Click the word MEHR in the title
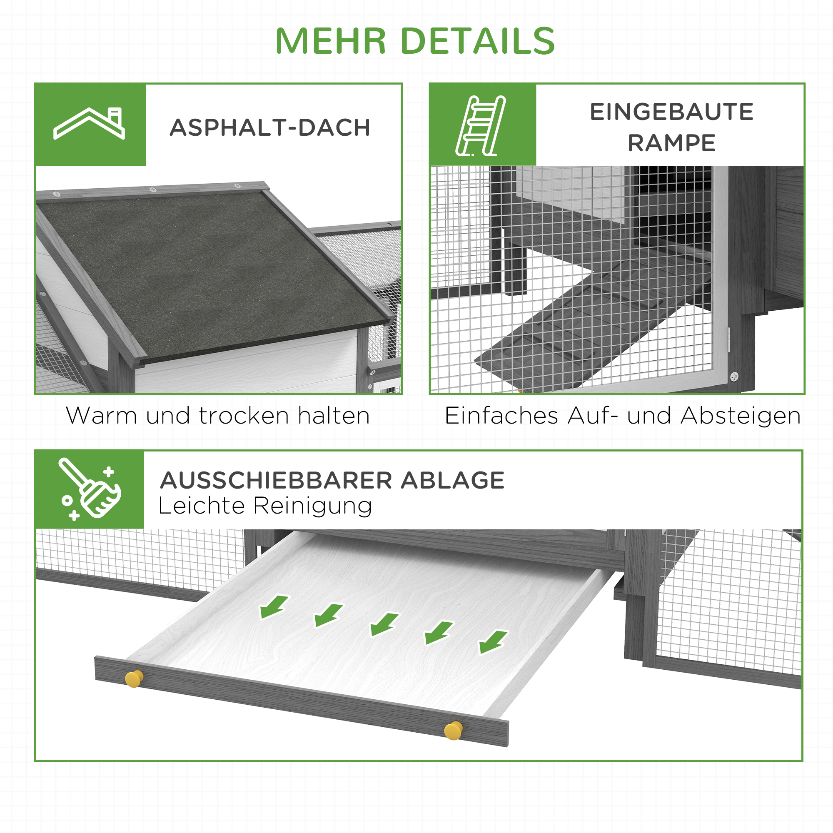[330, 41]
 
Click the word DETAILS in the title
[478, 41]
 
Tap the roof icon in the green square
[89, 124]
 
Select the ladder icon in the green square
[480, 125]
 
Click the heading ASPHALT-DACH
[270, 127]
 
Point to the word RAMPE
[671, 143]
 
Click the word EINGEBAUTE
[671, 112]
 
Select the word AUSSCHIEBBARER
[276, 480]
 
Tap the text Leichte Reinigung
[265, 506]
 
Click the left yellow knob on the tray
[134, 679]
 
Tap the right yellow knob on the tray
[453, 731]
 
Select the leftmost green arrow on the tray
[273, 606]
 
